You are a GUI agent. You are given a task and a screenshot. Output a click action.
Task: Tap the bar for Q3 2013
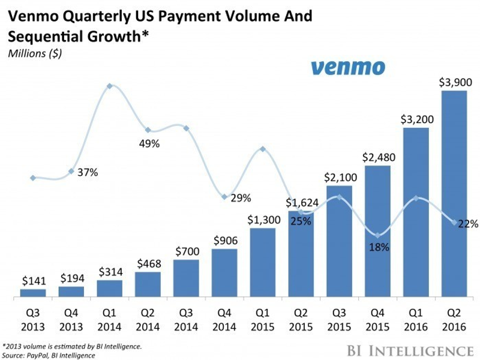point(32,293)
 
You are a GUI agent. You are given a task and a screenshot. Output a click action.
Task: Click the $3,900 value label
point(454,81)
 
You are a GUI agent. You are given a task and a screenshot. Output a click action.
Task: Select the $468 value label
point(148,262)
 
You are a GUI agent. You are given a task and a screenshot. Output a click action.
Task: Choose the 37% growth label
point(87,172)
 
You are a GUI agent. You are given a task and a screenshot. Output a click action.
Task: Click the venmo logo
point(348,67)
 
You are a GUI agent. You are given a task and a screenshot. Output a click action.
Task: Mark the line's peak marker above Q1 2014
point(109,86)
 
